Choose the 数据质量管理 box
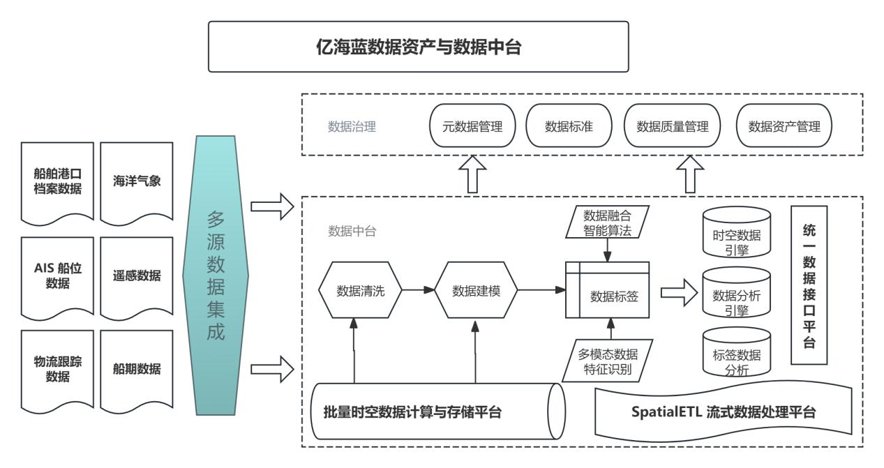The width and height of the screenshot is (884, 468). pyautogui.click(x=672, y=127)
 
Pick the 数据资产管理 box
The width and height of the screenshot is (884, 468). pyautogui.click(x=784, y=127)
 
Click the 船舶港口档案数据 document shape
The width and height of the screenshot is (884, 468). pyautogui.click(x=58, y=182)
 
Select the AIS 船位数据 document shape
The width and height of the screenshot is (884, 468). pyautogui.click(x=58, y=275)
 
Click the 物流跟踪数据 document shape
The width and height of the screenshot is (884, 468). pyautogui.click(x=58, y=368)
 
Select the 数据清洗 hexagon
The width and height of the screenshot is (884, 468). pyautogui.click(x=360, y=291)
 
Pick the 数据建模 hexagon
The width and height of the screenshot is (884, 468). pyautogui.click(x=477, y=291)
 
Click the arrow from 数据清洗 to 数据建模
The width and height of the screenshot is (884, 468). pyautogui.click(x=418, y=291)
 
